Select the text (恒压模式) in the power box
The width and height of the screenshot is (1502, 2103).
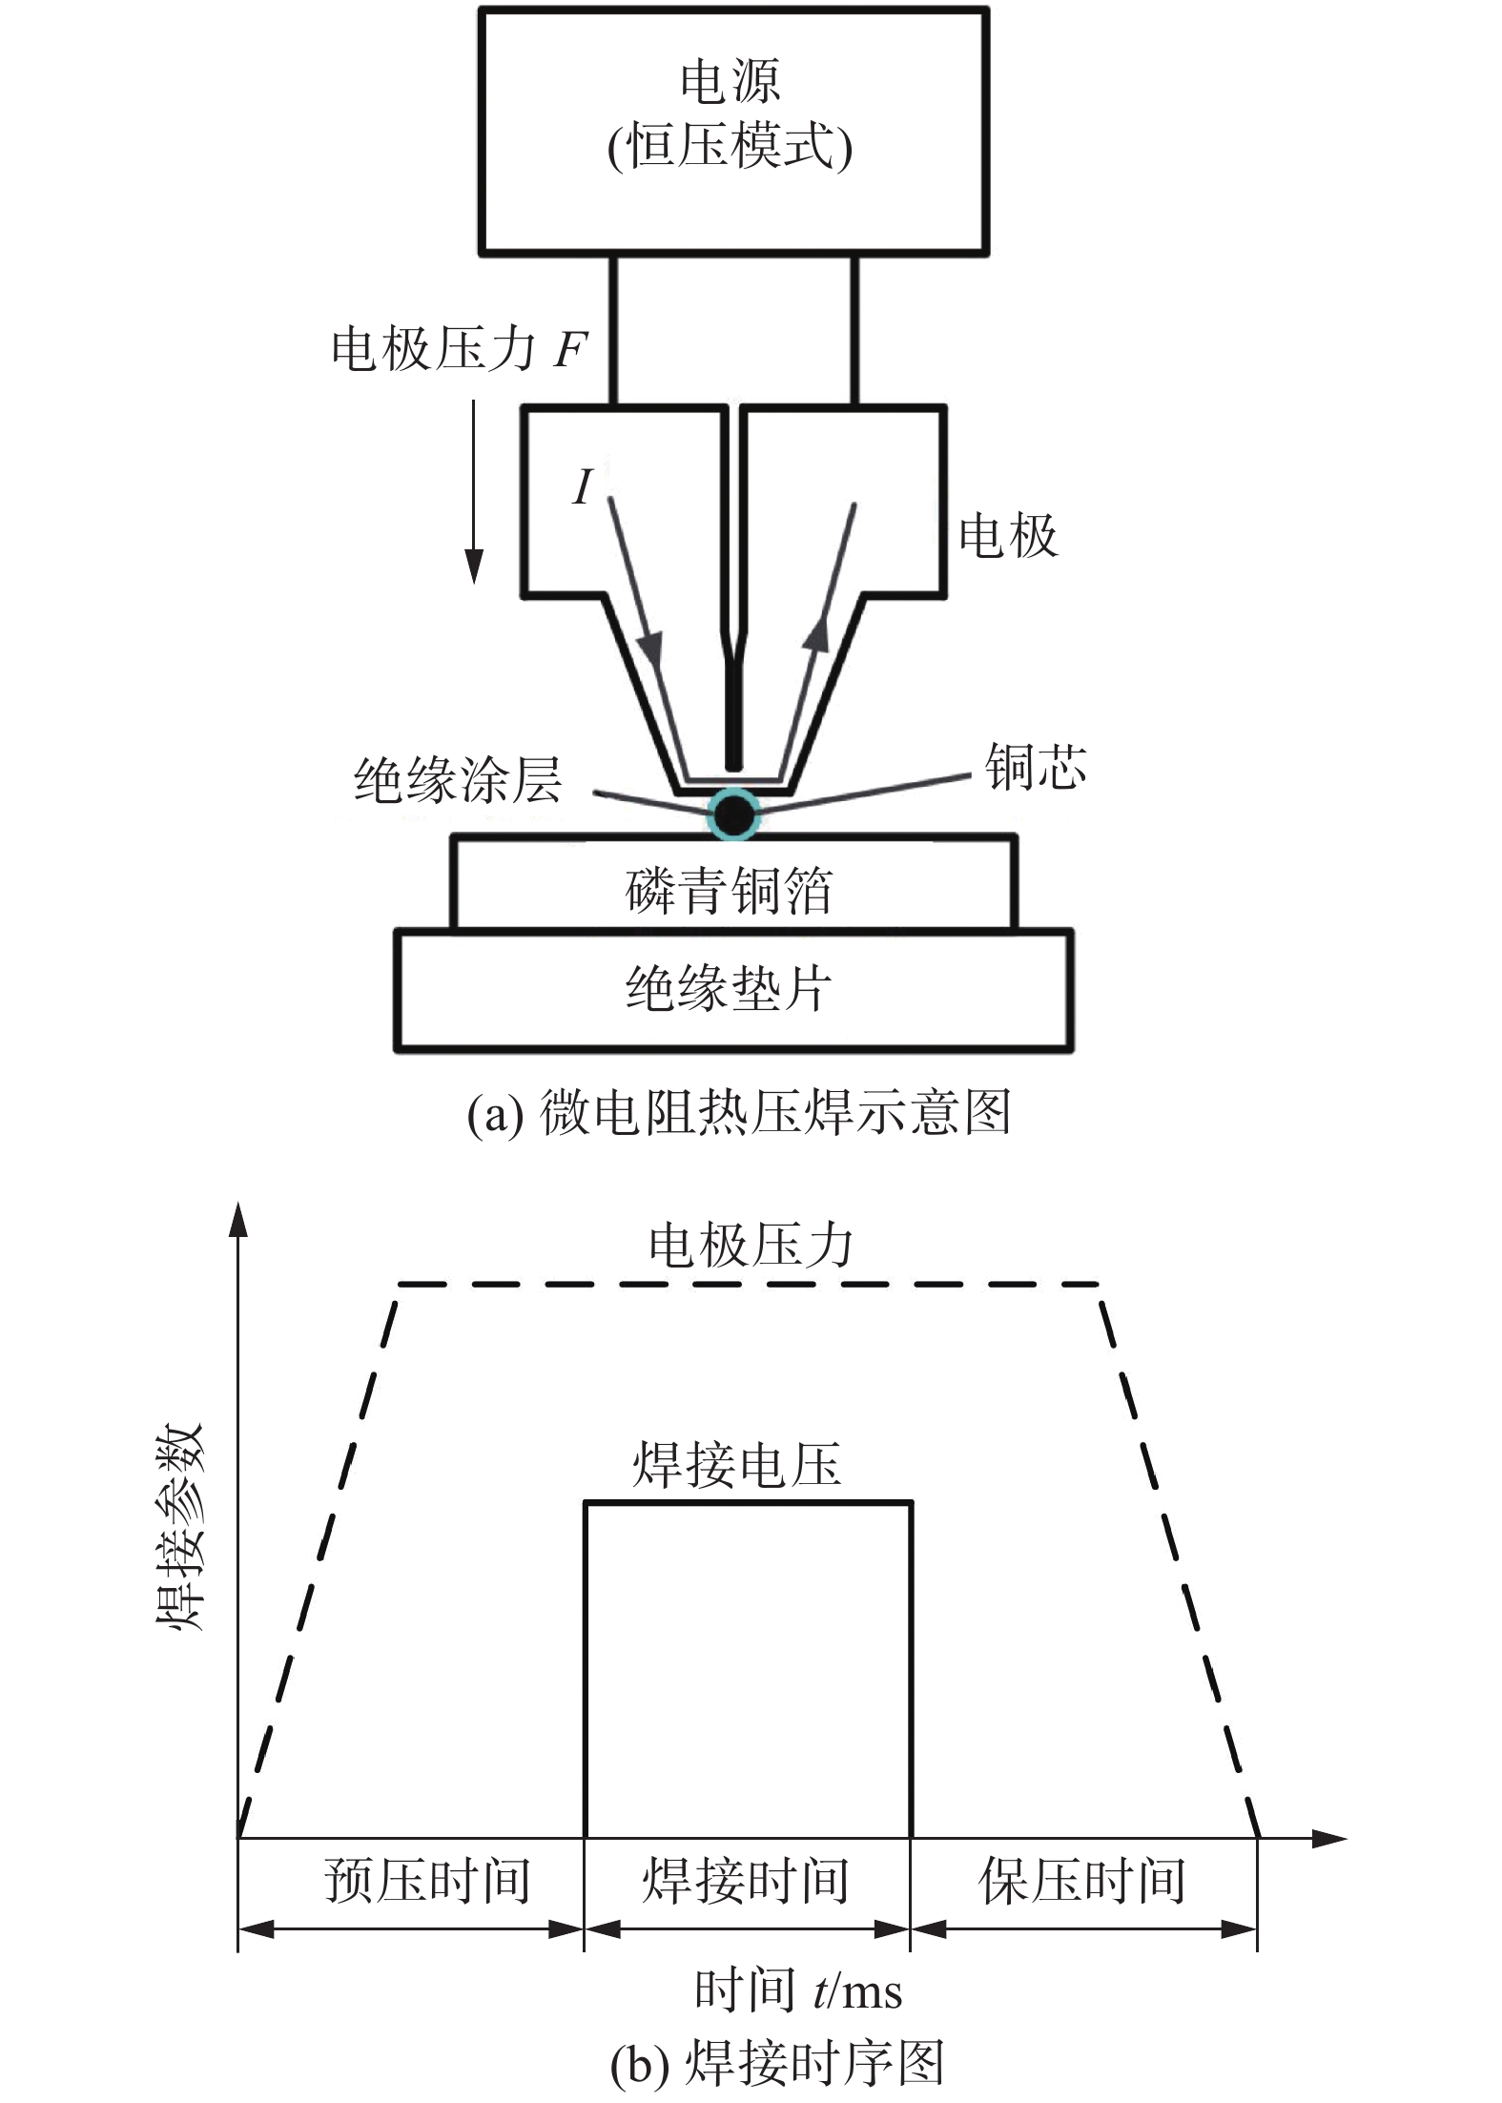point(730,147)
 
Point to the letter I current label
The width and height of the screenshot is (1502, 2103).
point(583,486)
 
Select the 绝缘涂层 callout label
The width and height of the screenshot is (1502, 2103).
point(458,780)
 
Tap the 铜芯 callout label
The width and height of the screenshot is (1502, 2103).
point(1036,768)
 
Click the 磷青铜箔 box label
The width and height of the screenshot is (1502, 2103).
point(730,891)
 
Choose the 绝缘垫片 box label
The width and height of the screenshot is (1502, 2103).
point(730,988)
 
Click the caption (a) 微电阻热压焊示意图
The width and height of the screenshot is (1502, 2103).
point(738,1112)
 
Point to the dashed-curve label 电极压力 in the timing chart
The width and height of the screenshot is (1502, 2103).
point(751,1246)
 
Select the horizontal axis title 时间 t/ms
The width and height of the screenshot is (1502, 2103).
point(797,1990)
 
